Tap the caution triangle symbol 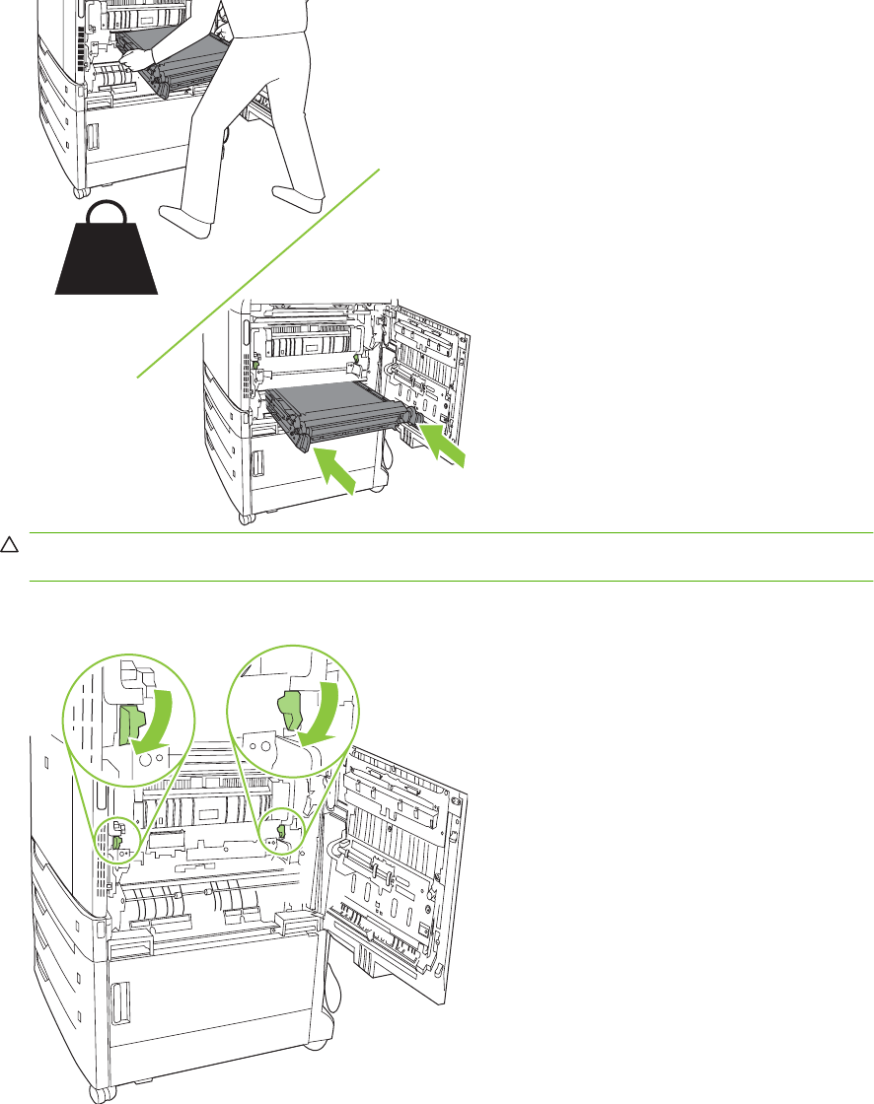click(x=9, y=544)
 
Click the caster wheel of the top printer click(x=79, y=187)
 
